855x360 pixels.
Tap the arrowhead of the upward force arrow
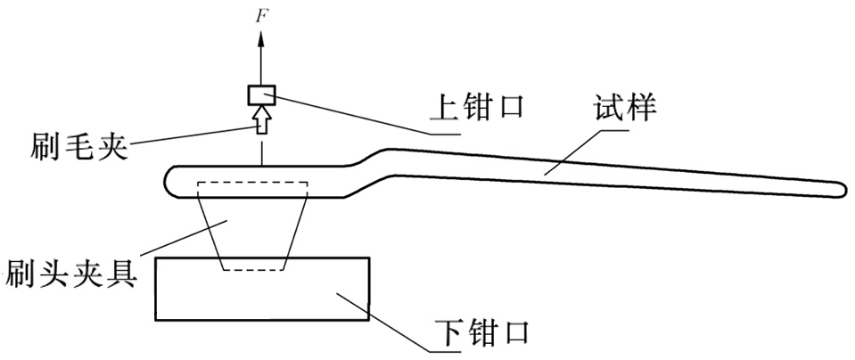point(261,37)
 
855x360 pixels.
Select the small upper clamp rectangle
point(261,94)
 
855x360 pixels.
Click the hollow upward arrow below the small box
point(261,119)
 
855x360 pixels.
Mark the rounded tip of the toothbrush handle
point(840,189)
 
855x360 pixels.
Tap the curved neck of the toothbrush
point(370,166)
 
